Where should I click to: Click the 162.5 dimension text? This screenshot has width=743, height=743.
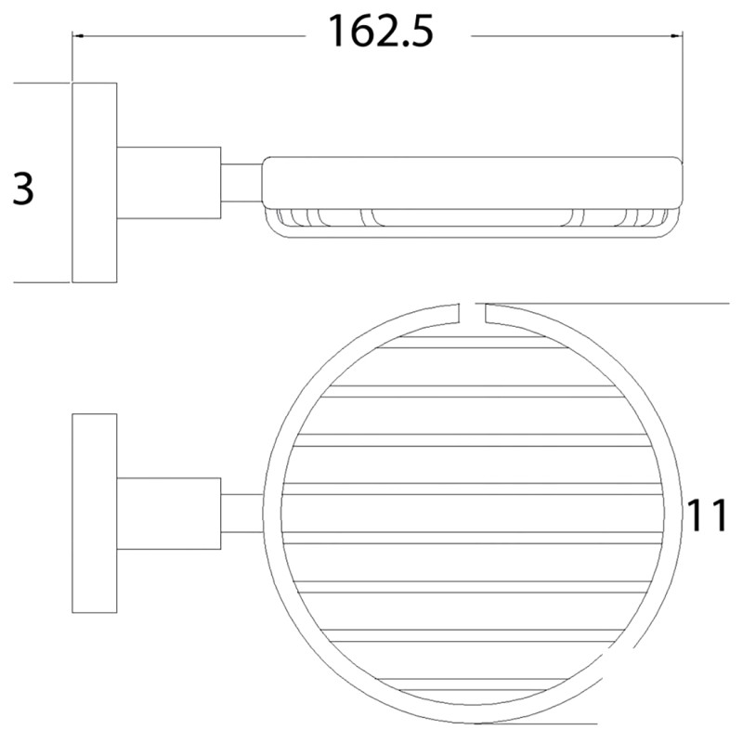point(380,33)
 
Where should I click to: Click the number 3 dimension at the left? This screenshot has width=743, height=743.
point(23,189)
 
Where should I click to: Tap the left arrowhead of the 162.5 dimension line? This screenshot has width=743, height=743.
point(80,36)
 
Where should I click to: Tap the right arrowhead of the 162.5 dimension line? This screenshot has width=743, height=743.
point(677,36)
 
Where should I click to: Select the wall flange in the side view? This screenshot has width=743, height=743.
point(94,182)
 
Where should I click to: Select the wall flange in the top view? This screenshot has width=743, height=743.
point(94,513)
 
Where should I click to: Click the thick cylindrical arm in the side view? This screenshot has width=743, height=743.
point(168,182)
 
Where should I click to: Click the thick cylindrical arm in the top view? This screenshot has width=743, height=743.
point(168,513)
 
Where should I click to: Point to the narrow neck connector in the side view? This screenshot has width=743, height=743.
point(241,182)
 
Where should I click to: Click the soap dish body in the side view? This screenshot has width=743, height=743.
point(474,182)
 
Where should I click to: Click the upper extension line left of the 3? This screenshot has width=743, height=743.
point(42,83)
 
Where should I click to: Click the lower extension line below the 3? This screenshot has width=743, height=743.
point(42,282)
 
